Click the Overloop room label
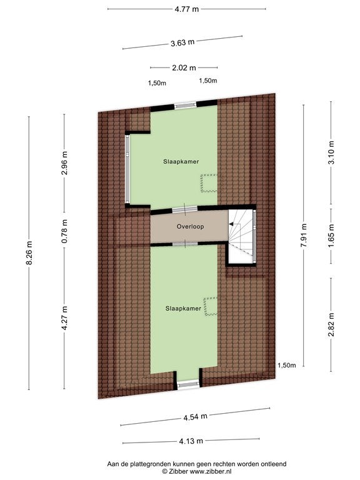[x=190, y=226]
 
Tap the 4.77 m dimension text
[x=187, y=9]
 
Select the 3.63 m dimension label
[x=182, y=42]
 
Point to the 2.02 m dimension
[x=184, y=67]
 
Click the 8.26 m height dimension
[x=29, y=253]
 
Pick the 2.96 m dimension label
[x=64, y=163]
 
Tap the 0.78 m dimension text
[x=64, y=231]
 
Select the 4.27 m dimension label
[x=64, y=318]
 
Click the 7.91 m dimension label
[x=304, y=235]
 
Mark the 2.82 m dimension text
[x=331, y=325]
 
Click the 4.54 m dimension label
[x=195, y=417]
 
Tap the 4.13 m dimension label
[x=191, y=441]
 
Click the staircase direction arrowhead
[x=231, y=224]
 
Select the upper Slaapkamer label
[x=181, y=162]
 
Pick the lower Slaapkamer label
[x=183, y=309]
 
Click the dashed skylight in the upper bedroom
[x=209, y=183]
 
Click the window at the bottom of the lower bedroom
[x=188, y=385]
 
